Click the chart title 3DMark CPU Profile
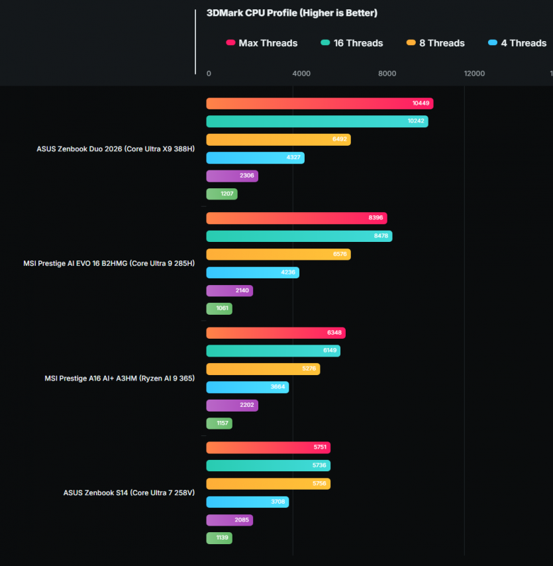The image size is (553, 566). tap(292, 13)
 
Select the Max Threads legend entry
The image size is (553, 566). tap(262, 43)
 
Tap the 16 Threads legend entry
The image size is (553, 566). tap(352, 43)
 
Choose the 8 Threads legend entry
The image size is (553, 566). tap(436, 43)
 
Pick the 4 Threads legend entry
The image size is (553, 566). tap(517, 43)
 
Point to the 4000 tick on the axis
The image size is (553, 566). tap(301, 74)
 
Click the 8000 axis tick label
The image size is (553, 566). tap(387, 74)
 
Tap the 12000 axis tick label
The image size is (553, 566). tap(474, 74)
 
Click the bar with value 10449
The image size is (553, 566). tap(319, 103)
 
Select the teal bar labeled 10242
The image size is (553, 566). tap(317, 121)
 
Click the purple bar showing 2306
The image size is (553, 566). tap(232, 176)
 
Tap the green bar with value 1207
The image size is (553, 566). tap(221, 194)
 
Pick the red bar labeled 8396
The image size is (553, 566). tap(296, 218)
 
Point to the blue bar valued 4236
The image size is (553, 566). tap(252, 272)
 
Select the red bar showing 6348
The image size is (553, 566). tap(276, 333)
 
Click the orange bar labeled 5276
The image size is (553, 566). tap(263, 369)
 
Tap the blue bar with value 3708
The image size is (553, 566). tap(247, 502)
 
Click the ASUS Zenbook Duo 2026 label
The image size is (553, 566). tap(115, 149)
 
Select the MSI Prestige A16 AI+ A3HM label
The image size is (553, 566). tap(119, 378)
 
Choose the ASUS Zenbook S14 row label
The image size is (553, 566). tap(128, 492)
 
